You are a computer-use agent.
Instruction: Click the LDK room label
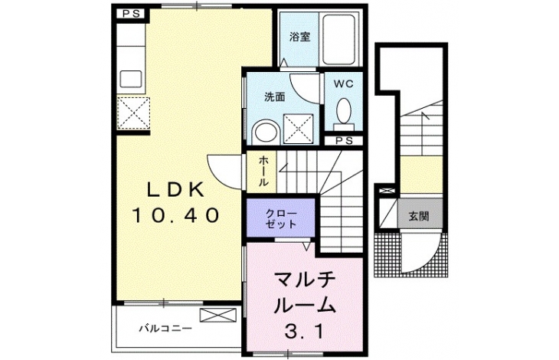click(176, 189)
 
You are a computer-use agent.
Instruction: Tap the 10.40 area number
click(175, 216)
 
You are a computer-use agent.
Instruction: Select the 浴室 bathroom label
click(299, 37)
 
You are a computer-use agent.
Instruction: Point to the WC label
click(343, 84)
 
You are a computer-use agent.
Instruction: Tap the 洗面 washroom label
click(274, 97)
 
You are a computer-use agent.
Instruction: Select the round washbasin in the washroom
click(266, 133)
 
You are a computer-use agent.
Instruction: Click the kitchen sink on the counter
click(131, 79)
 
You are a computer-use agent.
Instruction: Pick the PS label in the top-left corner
click(131, 14)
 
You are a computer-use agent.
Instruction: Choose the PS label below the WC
click(344, 141)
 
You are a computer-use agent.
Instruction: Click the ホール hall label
click(263, 171)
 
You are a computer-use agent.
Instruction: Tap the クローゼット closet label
click(281, 218)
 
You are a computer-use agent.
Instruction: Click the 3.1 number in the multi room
click(305, 332)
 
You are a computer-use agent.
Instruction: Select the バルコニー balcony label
click(165, 328)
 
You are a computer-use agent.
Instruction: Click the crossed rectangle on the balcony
click(218, 316)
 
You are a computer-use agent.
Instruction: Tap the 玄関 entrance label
click(419, 216)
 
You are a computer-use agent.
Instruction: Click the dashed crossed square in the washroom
click(299, 129)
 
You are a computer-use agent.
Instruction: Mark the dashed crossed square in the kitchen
click(133, 113)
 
